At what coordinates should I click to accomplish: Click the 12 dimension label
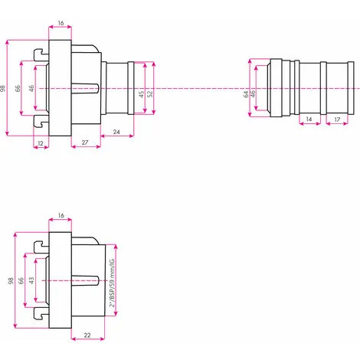pos(41,143)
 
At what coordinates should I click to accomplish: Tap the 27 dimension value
pos(85,142)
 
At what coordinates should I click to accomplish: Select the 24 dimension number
pos(116,132)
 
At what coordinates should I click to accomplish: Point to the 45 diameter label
pos(141,94)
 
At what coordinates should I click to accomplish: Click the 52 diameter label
pos(150,93)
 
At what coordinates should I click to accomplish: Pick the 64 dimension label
pos(246,94)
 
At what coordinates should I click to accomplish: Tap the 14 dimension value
pos(309,119)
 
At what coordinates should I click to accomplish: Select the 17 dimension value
pos(337,119)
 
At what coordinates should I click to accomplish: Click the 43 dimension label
pos(31,280)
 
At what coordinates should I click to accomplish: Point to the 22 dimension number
pos(87,335)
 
